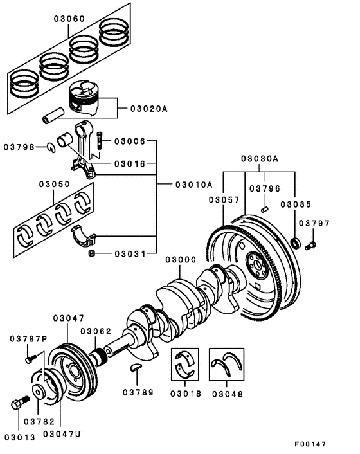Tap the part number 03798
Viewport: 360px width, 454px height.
(24, 147)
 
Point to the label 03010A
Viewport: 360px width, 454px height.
(194, 184)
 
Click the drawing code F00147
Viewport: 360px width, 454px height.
(311, 444)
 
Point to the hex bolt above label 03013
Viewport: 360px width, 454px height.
(17, 406)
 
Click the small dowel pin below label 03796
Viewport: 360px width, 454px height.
(265, 208)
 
